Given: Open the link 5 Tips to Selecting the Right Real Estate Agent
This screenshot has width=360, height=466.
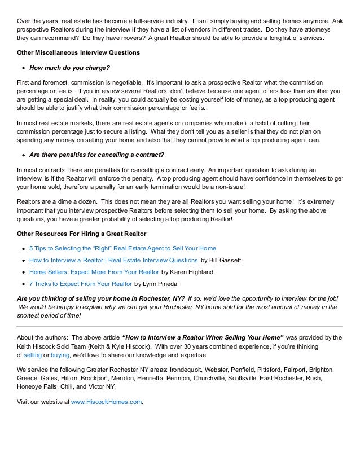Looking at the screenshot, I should [x=122, y=248].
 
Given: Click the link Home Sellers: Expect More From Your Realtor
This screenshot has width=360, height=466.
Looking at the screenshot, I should [x=94, y=272].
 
